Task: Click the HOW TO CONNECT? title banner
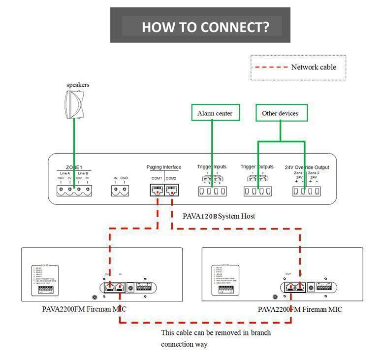click(x=200, y=26)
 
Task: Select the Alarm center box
click(x=215, y=113)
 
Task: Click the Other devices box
click(x=281, y=113)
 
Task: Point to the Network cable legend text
click(x=314, y=67)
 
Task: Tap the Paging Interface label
click(x=164, y=167)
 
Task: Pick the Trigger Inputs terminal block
click(x=212, y=191)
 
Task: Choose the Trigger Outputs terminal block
click(x=258, y=191)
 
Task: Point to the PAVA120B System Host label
click(x=219, y=216)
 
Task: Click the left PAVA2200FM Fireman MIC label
click(x=84, y=309)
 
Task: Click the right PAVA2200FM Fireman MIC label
click(x=300, y=309)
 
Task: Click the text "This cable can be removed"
click(x=216, y=332)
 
